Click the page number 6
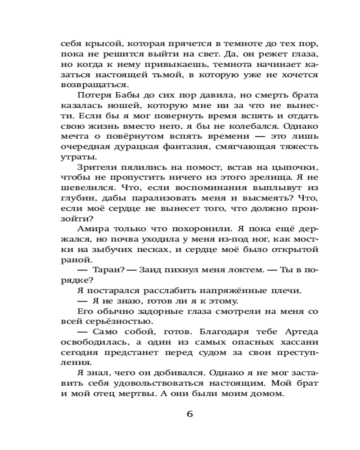(x=189, y=414)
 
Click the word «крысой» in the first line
(x=103, y=44)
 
